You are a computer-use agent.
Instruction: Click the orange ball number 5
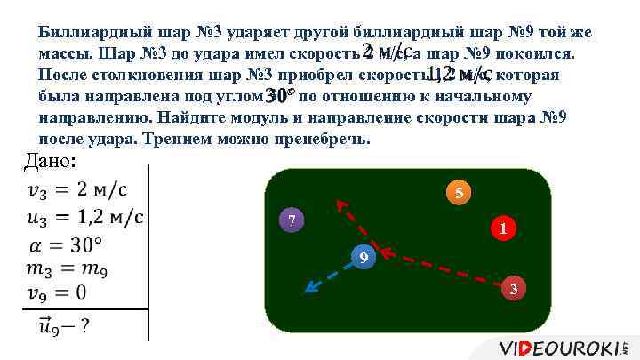tap(457, 193)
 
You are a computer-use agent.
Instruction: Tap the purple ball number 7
tap(292, 220)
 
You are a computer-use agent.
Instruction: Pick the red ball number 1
tap(502, 228)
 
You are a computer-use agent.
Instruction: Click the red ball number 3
tap(513, 288)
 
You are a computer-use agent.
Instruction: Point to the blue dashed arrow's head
tap(308, 289)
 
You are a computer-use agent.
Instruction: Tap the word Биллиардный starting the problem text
tap(91, 33)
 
